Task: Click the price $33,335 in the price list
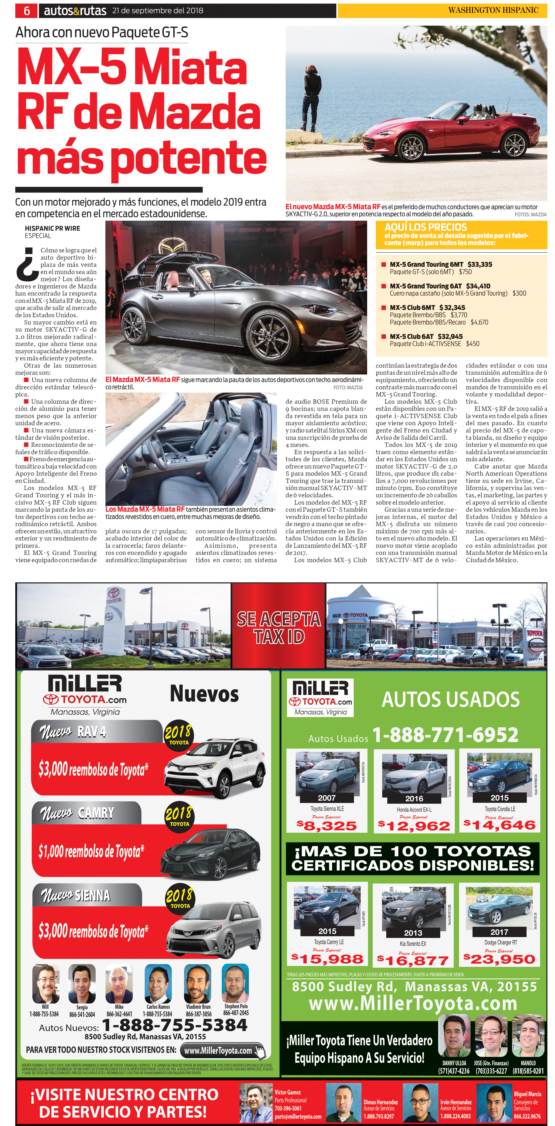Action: [480, 265]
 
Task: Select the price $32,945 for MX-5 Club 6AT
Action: [450, 337]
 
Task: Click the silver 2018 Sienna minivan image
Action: [214, 931]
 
